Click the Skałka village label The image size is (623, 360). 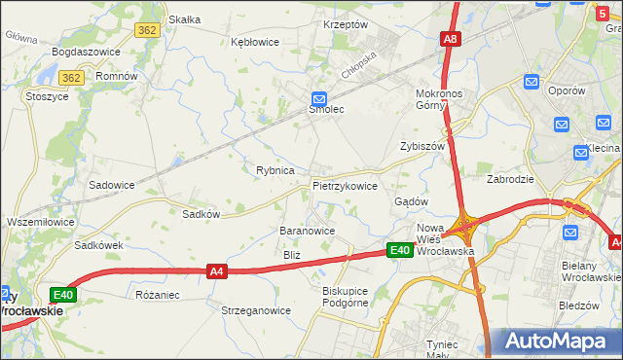(x=185, y=19)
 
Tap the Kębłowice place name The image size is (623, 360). (x=254, y=42)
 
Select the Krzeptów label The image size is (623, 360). (x=346, y=24)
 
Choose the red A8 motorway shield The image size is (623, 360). (x=450, y=40)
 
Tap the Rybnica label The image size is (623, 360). (x=275, y=170)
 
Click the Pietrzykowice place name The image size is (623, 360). (x=345, y=185)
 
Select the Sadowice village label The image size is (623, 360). (x=112, y=184)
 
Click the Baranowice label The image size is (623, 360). (x=308, y=231)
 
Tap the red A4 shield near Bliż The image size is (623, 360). (x=217, y=273)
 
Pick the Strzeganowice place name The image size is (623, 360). (x=257, y=311)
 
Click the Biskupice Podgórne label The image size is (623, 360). (x=346, y=296)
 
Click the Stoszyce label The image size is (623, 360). (x=47, y=97)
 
